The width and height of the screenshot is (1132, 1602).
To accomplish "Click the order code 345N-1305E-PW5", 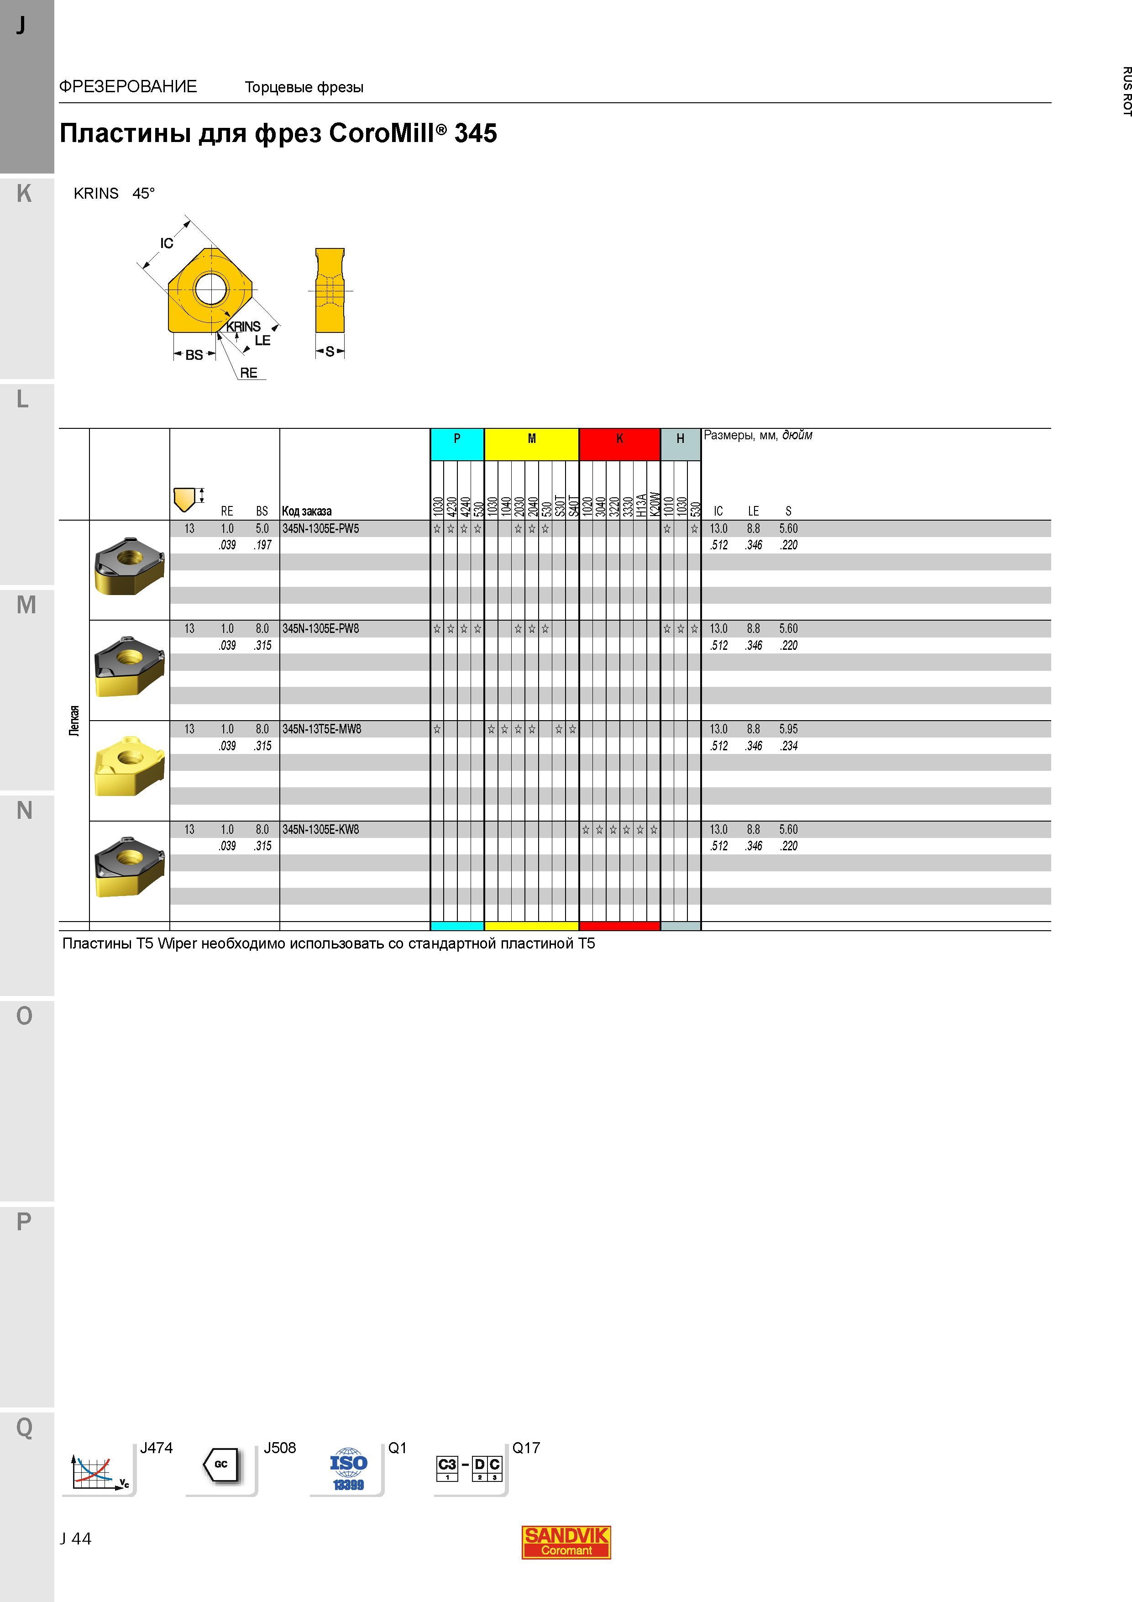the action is pos(321,529).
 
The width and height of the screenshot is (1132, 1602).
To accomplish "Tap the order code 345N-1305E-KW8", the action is pos(321,830).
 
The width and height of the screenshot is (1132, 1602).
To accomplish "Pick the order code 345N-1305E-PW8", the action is pos(321,629).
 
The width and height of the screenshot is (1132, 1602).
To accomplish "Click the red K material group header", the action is pos(619,444).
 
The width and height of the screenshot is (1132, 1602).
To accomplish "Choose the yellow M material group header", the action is pos(531,444).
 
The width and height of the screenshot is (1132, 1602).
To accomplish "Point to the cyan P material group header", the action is pos(457,444).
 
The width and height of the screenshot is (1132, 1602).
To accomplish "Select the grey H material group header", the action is pos(680,444).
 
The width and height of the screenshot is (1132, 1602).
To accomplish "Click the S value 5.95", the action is pos(788,729).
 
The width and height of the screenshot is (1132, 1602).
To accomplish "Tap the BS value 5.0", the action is pos(262,529).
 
